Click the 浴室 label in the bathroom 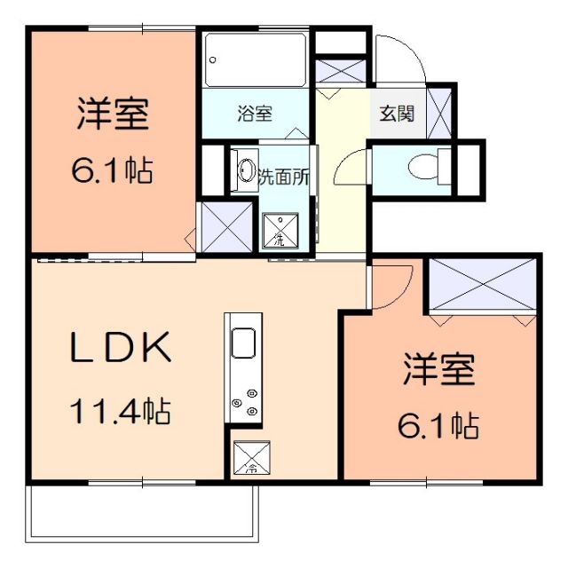tap(255, 114)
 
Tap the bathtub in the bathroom tap(256, 59)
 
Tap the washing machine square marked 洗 tap(280, 230)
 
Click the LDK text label tap(121, 349)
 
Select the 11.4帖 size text tap(121, 411)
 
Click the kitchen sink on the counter tap(243, 342)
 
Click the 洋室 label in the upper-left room tap(112, 114)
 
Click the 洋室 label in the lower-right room tap(439, 370)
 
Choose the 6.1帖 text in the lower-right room tap(439, 427)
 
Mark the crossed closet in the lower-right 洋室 tap(483, 283)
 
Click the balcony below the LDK tap(142, 512)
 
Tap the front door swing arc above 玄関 tap(399, 58)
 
